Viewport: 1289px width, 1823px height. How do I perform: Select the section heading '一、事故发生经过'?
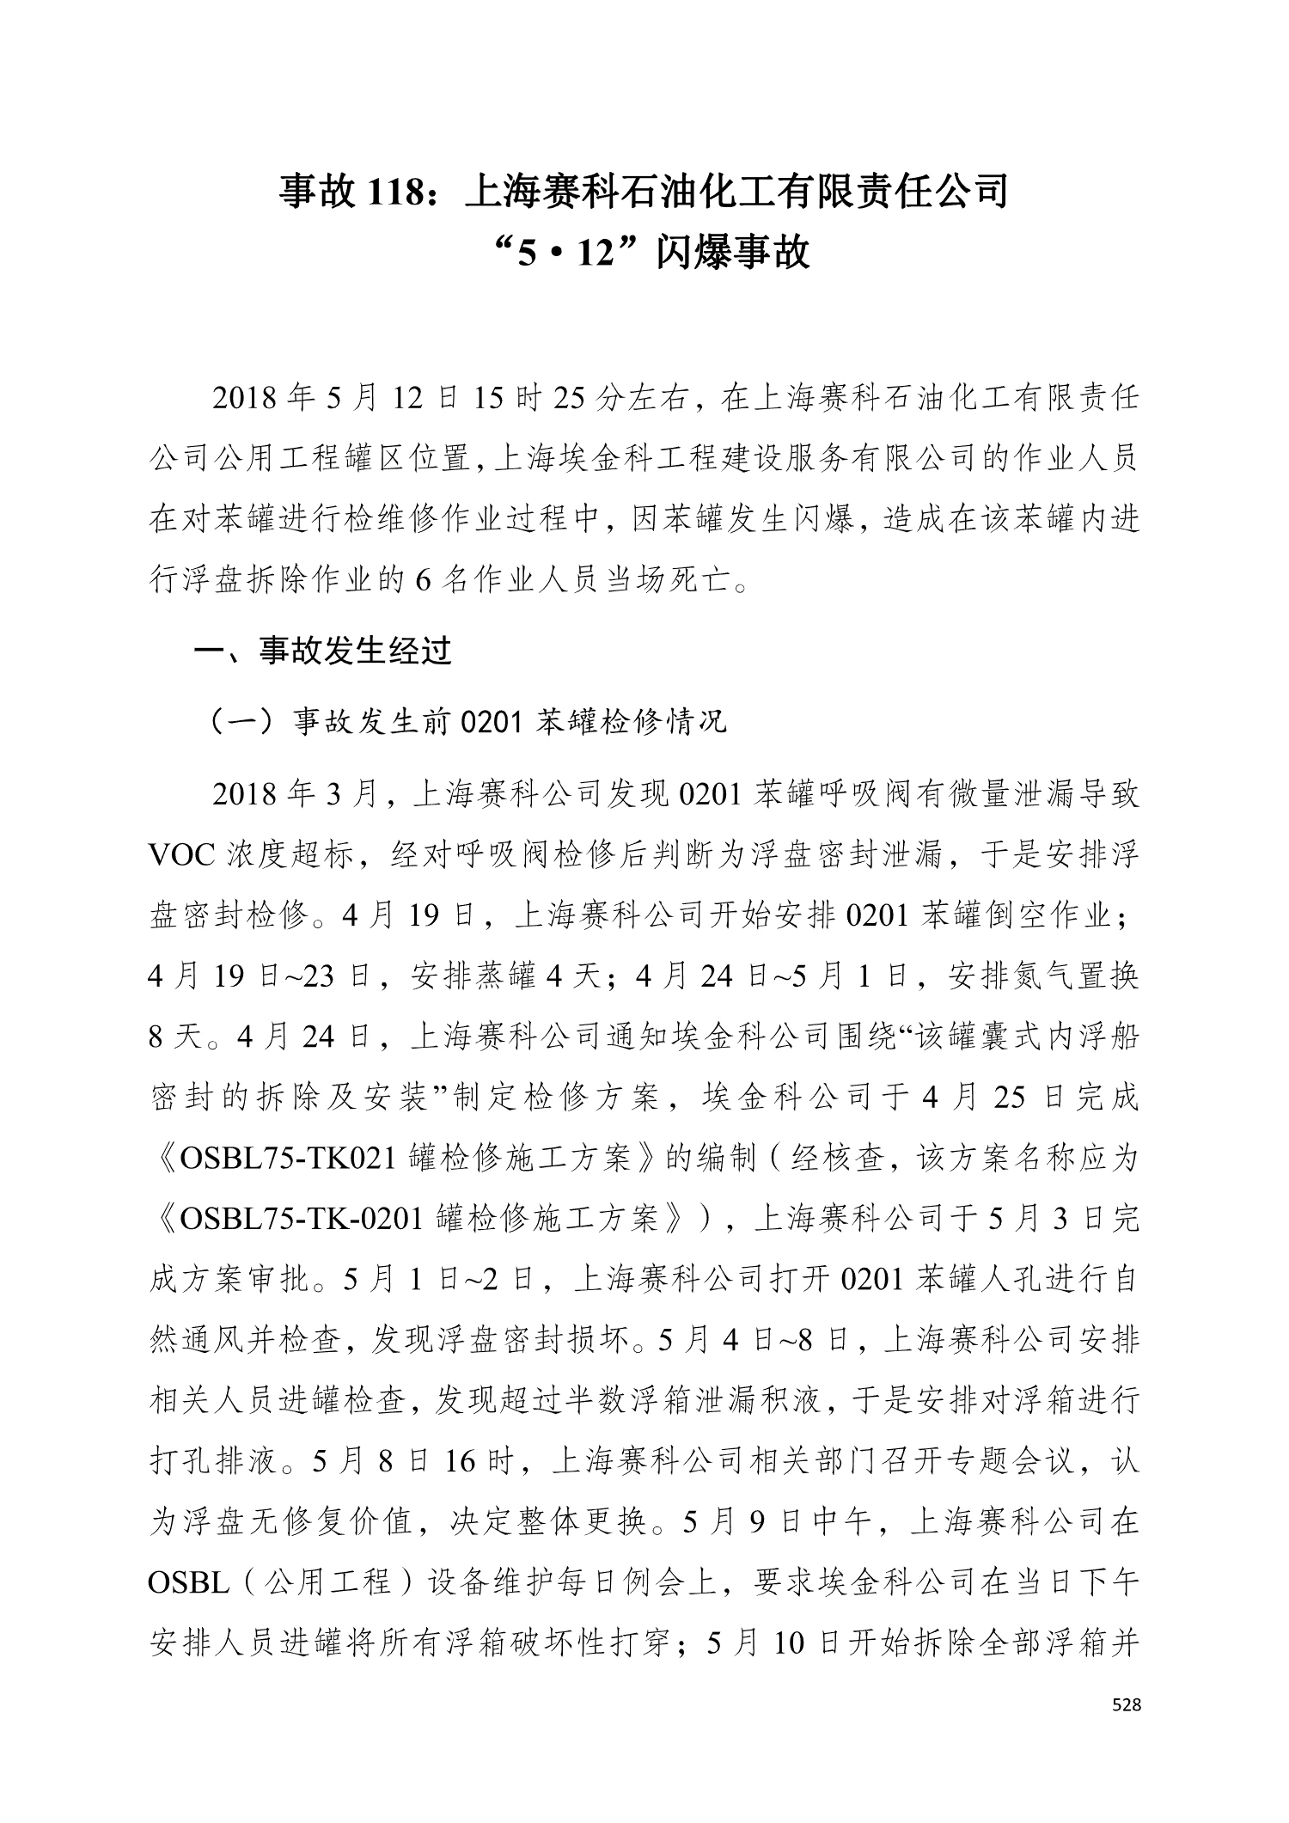tap(323, 652)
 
